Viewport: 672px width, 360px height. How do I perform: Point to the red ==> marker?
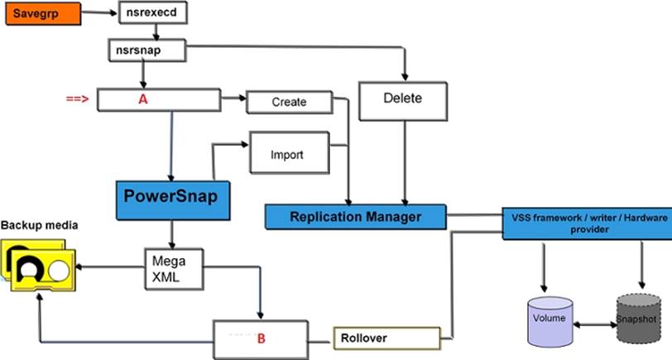click(77, 98)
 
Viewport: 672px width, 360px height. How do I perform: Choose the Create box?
click(289, 102)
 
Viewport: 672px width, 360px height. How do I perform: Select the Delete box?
click(403, 100)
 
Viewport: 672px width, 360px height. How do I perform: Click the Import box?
click(287, 154)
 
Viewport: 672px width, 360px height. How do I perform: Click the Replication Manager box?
click(355, 217)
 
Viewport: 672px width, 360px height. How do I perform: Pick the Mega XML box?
click(172, 267)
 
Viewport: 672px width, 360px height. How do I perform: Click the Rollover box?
click(386, 338)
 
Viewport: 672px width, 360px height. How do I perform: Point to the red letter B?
click(261, 338)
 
